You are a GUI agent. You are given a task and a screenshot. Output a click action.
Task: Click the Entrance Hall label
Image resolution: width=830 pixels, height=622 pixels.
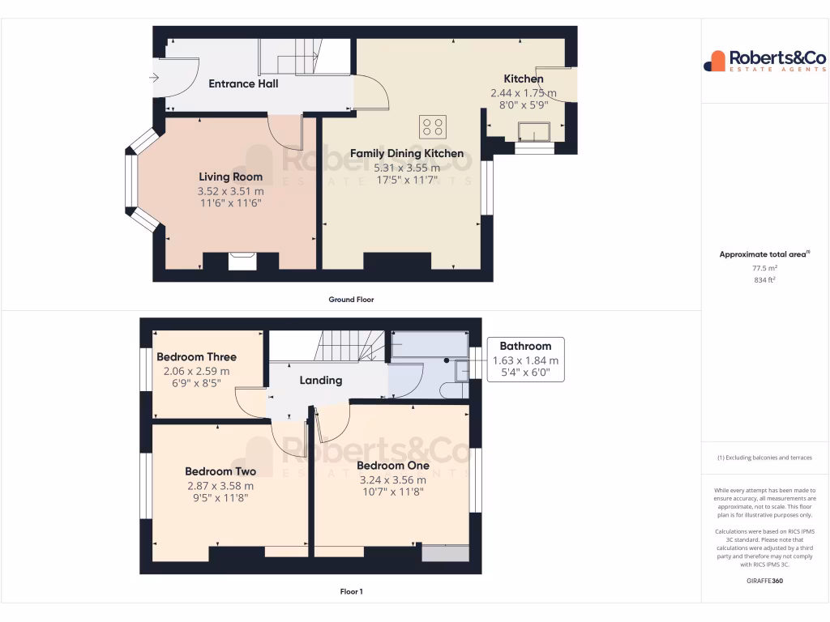243,83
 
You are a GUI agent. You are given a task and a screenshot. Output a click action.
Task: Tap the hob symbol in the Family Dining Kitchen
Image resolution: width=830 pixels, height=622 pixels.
432,126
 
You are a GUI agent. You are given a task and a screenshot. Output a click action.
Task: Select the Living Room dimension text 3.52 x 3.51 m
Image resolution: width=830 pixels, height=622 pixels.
230,191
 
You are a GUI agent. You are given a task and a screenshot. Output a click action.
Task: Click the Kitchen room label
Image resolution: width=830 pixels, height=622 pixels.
524,79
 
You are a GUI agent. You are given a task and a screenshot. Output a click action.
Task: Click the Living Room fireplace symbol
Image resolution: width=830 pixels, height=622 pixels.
242,261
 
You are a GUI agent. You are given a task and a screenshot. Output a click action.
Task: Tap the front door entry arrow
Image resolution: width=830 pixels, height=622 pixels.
155,78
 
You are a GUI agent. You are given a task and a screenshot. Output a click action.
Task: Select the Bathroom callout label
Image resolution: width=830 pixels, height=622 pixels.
525,346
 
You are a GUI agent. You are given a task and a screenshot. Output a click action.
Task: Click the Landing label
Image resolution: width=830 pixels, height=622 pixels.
321,380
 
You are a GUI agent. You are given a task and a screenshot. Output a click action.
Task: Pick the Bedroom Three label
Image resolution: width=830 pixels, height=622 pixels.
196,356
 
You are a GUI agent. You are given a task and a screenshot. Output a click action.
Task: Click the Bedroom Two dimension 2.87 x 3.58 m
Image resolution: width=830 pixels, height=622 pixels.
220,486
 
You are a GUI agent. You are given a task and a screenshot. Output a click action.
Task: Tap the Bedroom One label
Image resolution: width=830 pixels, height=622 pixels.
392,466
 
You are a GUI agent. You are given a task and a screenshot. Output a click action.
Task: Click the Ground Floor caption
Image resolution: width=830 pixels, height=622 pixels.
351,300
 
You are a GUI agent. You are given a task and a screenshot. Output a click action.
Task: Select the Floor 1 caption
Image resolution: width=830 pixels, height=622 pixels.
351,592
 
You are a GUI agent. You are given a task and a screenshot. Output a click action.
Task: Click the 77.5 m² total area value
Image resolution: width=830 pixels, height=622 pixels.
764,267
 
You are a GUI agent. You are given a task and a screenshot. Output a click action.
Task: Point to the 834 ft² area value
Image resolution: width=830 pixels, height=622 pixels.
764,280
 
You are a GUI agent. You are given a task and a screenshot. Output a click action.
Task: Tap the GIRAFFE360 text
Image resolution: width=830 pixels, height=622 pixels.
764,581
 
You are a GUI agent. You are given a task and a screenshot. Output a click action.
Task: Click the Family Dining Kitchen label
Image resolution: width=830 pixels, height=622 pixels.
407,153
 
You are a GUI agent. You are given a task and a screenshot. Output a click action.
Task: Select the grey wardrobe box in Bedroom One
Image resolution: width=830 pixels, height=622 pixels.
445,553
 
